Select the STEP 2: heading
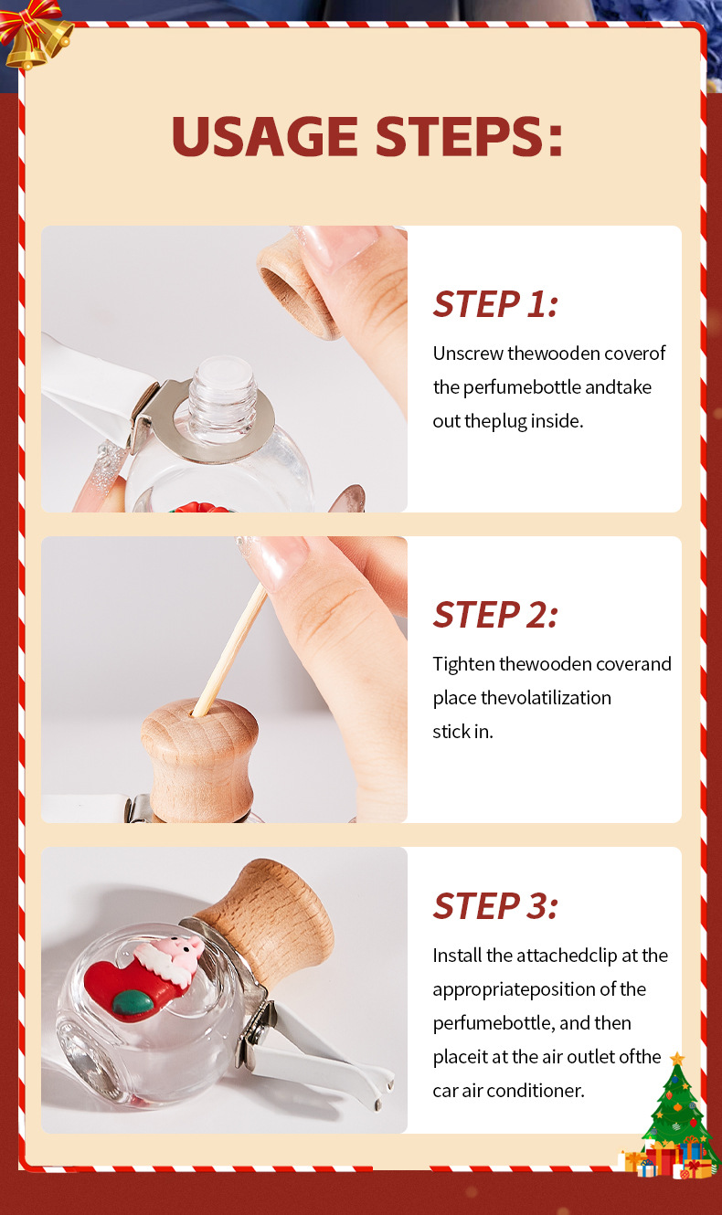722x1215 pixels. tap(495, 615)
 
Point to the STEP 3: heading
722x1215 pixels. tap(495, 906)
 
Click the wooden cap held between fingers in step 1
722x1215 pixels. tap(298, 285)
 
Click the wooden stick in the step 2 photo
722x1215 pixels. tap(230, 650)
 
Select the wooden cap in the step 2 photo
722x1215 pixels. tap(199, 758)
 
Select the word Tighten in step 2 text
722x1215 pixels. tap(463, 664)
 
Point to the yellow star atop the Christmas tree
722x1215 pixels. tap(677, 1058)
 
